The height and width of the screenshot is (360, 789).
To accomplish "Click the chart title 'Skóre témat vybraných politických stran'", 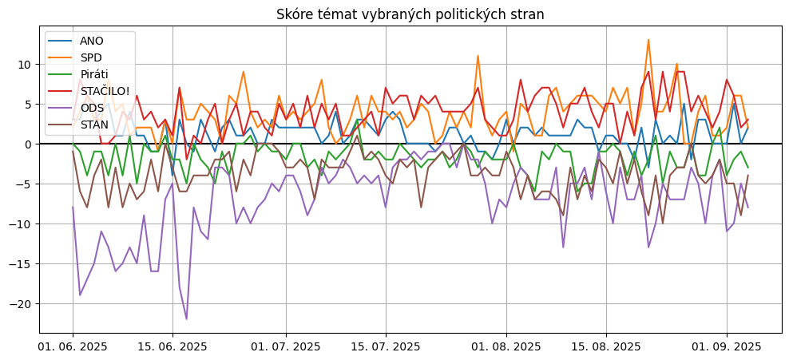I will click(410, 15).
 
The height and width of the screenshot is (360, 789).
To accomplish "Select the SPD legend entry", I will click(91, 57).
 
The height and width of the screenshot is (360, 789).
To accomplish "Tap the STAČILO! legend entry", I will click(105, 91).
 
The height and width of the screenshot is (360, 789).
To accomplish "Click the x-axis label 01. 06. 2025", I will click(73, 346).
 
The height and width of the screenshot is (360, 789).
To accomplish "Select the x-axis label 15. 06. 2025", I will click(172, 346).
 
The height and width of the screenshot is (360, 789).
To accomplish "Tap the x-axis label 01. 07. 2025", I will click(286, 346).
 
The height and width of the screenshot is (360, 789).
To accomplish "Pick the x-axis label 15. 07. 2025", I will click(386, 346).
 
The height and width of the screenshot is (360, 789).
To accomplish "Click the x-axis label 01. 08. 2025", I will click(506, 346).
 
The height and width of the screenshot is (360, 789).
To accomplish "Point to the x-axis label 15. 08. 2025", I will click(606, 346).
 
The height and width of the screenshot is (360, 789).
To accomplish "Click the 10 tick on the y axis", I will click(25, 64).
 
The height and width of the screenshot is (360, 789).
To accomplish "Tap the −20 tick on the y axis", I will click(22, 304).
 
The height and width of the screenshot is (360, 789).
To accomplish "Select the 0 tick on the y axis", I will click(28, 144).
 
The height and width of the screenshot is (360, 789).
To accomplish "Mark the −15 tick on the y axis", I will click(22, 264).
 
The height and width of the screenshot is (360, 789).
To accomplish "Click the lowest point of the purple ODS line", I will click(187, 319).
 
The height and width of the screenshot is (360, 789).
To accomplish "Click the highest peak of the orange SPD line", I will click(648, 40).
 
